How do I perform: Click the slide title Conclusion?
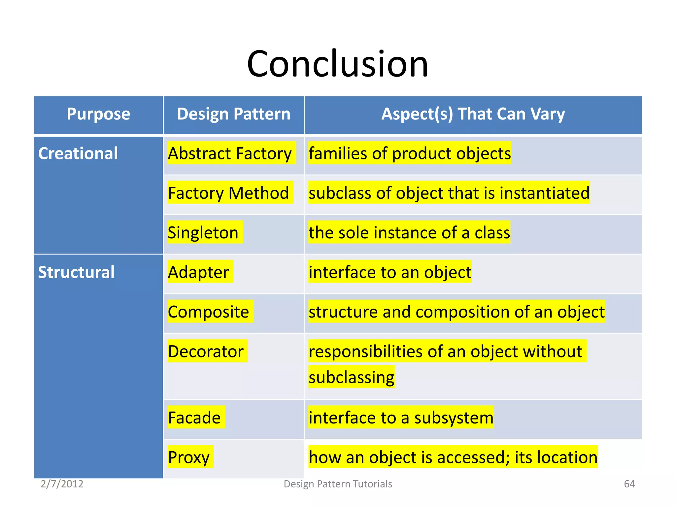click(x=337, y=64)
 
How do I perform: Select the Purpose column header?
click(x=98, y=114)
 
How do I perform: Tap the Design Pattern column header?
click(x=233, y=114)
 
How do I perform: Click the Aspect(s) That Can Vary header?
click(x=473, y=114)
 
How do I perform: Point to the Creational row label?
click(x=78, y=153)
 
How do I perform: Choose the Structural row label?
click(x=76, y=272)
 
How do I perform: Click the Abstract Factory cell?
click(x=230, y=153)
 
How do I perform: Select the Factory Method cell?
click(x=228, y=193)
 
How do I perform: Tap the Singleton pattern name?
click(x=203, y=233)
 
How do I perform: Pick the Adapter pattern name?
click(x=198, y=272)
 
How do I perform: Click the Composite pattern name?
click(x=208, y=312)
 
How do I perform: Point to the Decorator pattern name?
click(x=206, y=351)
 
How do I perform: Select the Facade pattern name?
click(x=194, y=418)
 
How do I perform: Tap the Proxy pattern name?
click(x=188, y=457)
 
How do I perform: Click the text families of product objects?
click(x=410, y=153)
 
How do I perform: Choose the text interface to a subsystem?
click(x=401, y=418)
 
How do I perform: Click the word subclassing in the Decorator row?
click(x=352, y=377)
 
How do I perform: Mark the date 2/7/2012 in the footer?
click(x=62, y=484)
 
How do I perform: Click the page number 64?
click(x=629, y=484)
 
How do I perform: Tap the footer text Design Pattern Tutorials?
click(x=338, y=484)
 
